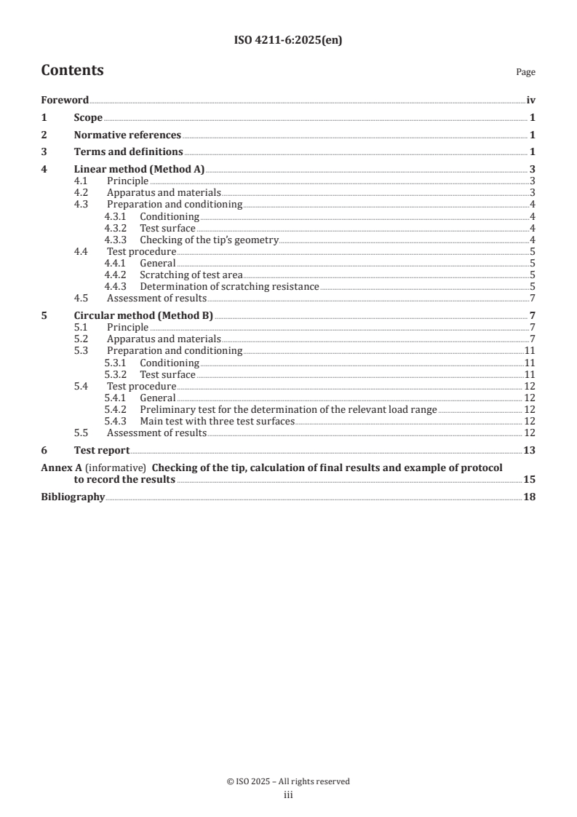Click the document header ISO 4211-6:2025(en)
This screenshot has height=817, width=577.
288,41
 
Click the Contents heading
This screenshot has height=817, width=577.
72,71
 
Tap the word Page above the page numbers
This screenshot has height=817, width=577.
525,72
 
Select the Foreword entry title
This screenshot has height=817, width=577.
65,100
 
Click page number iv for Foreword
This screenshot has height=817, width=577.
530,100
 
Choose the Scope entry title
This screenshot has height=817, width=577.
88,118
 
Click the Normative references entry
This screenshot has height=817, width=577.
127,135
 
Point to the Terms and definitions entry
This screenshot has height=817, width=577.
128,152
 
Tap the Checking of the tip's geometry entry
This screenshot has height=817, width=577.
210,240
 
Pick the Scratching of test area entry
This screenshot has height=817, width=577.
191,275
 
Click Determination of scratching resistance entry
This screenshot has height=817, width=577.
229,287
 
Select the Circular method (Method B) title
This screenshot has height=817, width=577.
143,316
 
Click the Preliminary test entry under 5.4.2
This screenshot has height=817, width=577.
288,410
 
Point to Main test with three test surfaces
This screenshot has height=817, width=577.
217,422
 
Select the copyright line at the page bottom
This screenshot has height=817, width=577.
288,781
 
